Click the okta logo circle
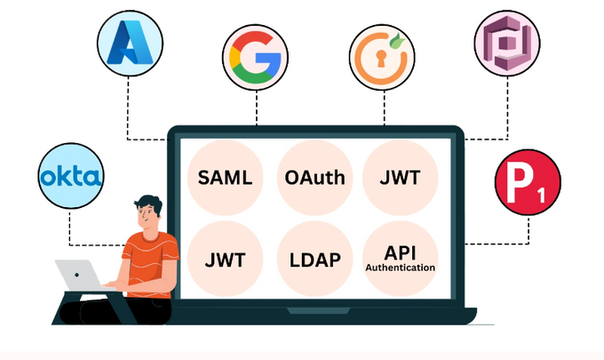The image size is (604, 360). tap(72, 177)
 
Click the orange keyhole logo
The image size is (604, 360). tap(383, 56)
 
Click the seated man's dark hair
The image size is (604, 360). tap(147, 200)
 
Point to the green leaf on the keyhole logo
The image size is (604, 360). tap(397, 39)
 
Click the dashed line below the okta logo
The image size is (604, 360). tap(71, 227)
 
